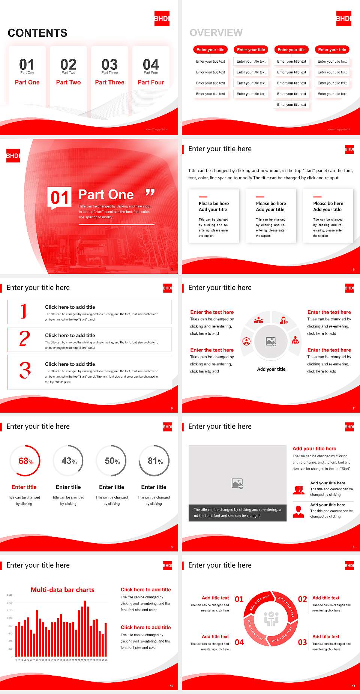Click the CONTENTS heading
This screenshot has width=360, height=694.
click(x=37, y=33)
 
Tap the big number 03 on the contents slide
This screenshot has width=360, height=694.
click(x=109, y=64)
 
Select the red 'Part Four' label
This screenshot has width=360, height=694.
click(x=151, y=82)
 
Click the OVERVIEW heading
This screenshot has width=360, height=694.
click(x=216, y=33)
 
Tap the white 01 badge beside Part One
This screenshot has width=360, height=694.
click(x=60, y=197)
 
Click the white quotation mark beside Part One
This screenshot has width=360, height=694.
click(x=150, y=192)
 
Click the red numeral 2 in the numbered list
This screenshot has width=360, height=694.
click(x=24, y=339)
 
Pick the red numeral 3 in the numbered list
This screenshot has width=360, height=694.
click(x=25, y=370)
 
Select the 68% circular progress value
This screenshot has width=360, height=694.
click(x=26, y=461)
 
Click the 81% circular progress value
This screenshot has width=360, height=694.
click(x=155, y=461)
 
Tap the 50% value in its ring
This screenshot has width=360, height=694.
click(x=112, y=461)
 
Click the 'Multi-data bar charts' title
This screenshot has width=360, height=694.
click(x=63, y=590)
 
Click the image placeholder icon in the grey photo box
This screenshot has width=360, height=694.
click(x=237, y=484)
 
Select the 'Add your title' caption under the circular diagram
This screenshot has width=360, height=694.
click(x=271, y=369)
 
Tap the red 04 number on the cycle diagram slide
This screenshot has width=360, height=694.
click(x=239, y=642)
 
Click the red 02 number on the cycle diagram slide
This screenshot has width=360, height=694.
click(x=302, y=599)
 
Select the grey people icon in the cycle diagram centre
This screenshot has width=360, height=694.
click(x=271, y=619)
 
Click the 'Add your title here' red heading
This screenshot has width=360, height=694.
click(x=314, y=448)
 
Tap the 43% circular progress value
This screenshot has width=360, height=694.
click(x=69, y=461)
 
